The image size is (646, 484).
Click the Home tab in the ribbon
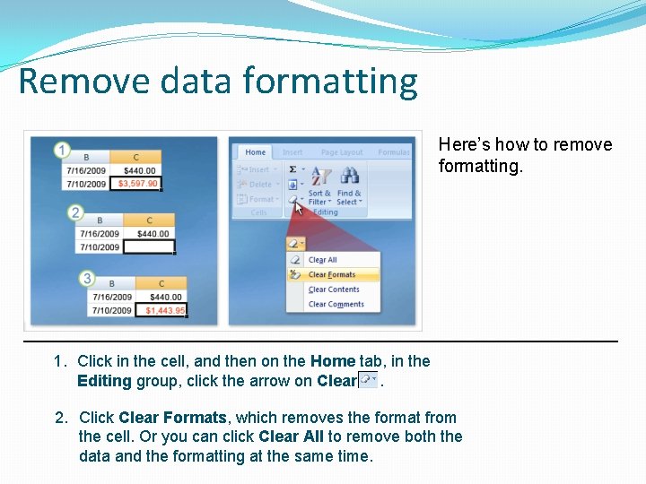click(x=256, y=152)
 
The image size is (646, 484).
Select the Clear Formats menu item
click(x=332, y=275)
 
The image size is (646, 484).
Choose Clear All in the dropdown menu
click(x=322, y=260)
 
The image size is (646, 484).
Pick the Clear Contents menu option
click(x=334, y=290)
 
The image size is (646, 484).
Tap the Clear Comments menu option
click(x=336, y=305)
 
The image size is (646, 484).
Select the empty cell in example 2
click(x=148, y=247)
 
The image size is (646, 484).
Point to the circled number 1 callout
click(x=62, y=150)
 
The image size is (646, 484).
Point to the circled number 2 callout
click(x=76, y=213)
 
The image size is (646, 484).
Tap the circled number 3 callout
click(x=86, y=279)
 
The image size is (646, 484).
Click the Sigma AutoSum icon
click(x=292, y=169)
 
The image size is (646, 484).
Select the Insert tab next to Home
click(x=292, y=152)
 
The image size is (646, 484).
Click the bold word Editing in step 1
click(x=104, y=381)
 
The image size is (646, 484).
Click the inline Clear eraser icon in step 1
click(x=368, y=380)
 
